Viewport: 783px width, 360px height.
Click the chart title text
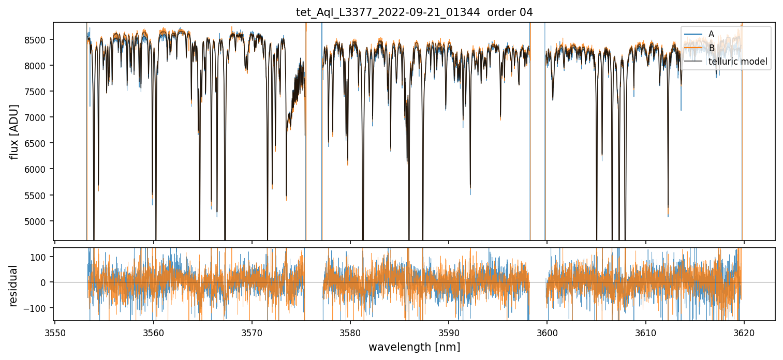point(414,12)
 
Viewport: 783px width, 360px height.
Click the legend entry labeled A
point(711,34)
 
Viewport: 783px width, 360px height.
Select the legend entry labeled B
point(711,48)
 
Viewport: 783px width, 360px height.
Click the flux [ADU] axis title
point(14,131)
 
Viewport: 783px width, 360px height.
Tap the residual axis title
point(14,286)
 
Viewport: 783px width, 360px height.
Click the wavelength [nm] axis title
point(414,347)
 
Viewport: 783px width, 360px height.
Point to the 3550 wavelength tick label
point(55,332)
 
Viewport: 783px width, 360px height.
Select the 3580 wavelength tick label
point(350,332)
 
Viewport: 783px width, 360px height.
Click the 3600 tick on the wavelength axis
point(547,332)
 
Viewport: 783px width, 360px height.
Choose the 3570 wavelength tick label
point(252,332)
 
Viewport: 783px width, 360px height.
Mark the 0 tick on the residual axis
point(45,282)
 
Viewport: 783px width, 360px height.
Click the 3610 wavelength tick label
point(645,332)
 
